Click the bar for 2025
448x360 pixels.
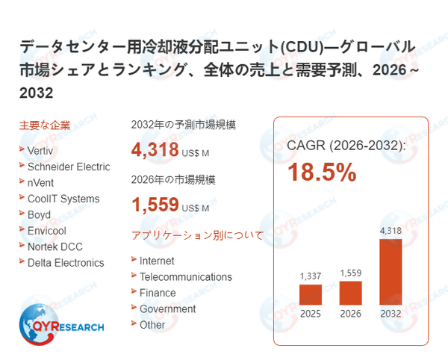(311, 294)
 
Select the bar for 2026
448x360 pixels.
(350, 292)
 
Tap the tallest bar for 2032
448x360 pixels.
(391, 270)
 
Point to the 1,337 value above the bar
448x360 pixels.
(311, 276)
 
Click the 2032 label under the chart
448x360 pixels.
(391, 314)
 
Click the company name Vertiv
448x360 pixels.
(40, 150)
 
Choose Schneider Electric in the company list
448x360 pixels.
(68, 167)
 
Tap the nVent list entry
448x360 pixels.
(40, 182)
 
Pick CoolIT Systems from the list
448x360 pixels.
(63, 199)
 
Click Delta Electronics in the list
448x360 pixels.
(66, 262)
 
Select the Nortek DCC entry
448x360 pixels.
(55, 246)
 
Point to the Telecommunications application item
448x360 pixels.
(185, 276)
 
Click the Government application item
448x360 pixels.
(167, 308)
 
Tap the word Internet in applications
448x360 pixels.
(157, 261)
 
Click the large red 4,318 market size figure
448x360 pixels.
(155, 150)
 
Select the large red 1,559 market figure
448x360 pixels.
(155, 205)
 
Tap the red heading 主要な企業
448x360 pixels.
(44, 125)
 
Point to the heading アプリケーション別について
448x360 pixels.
(197, 235)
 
